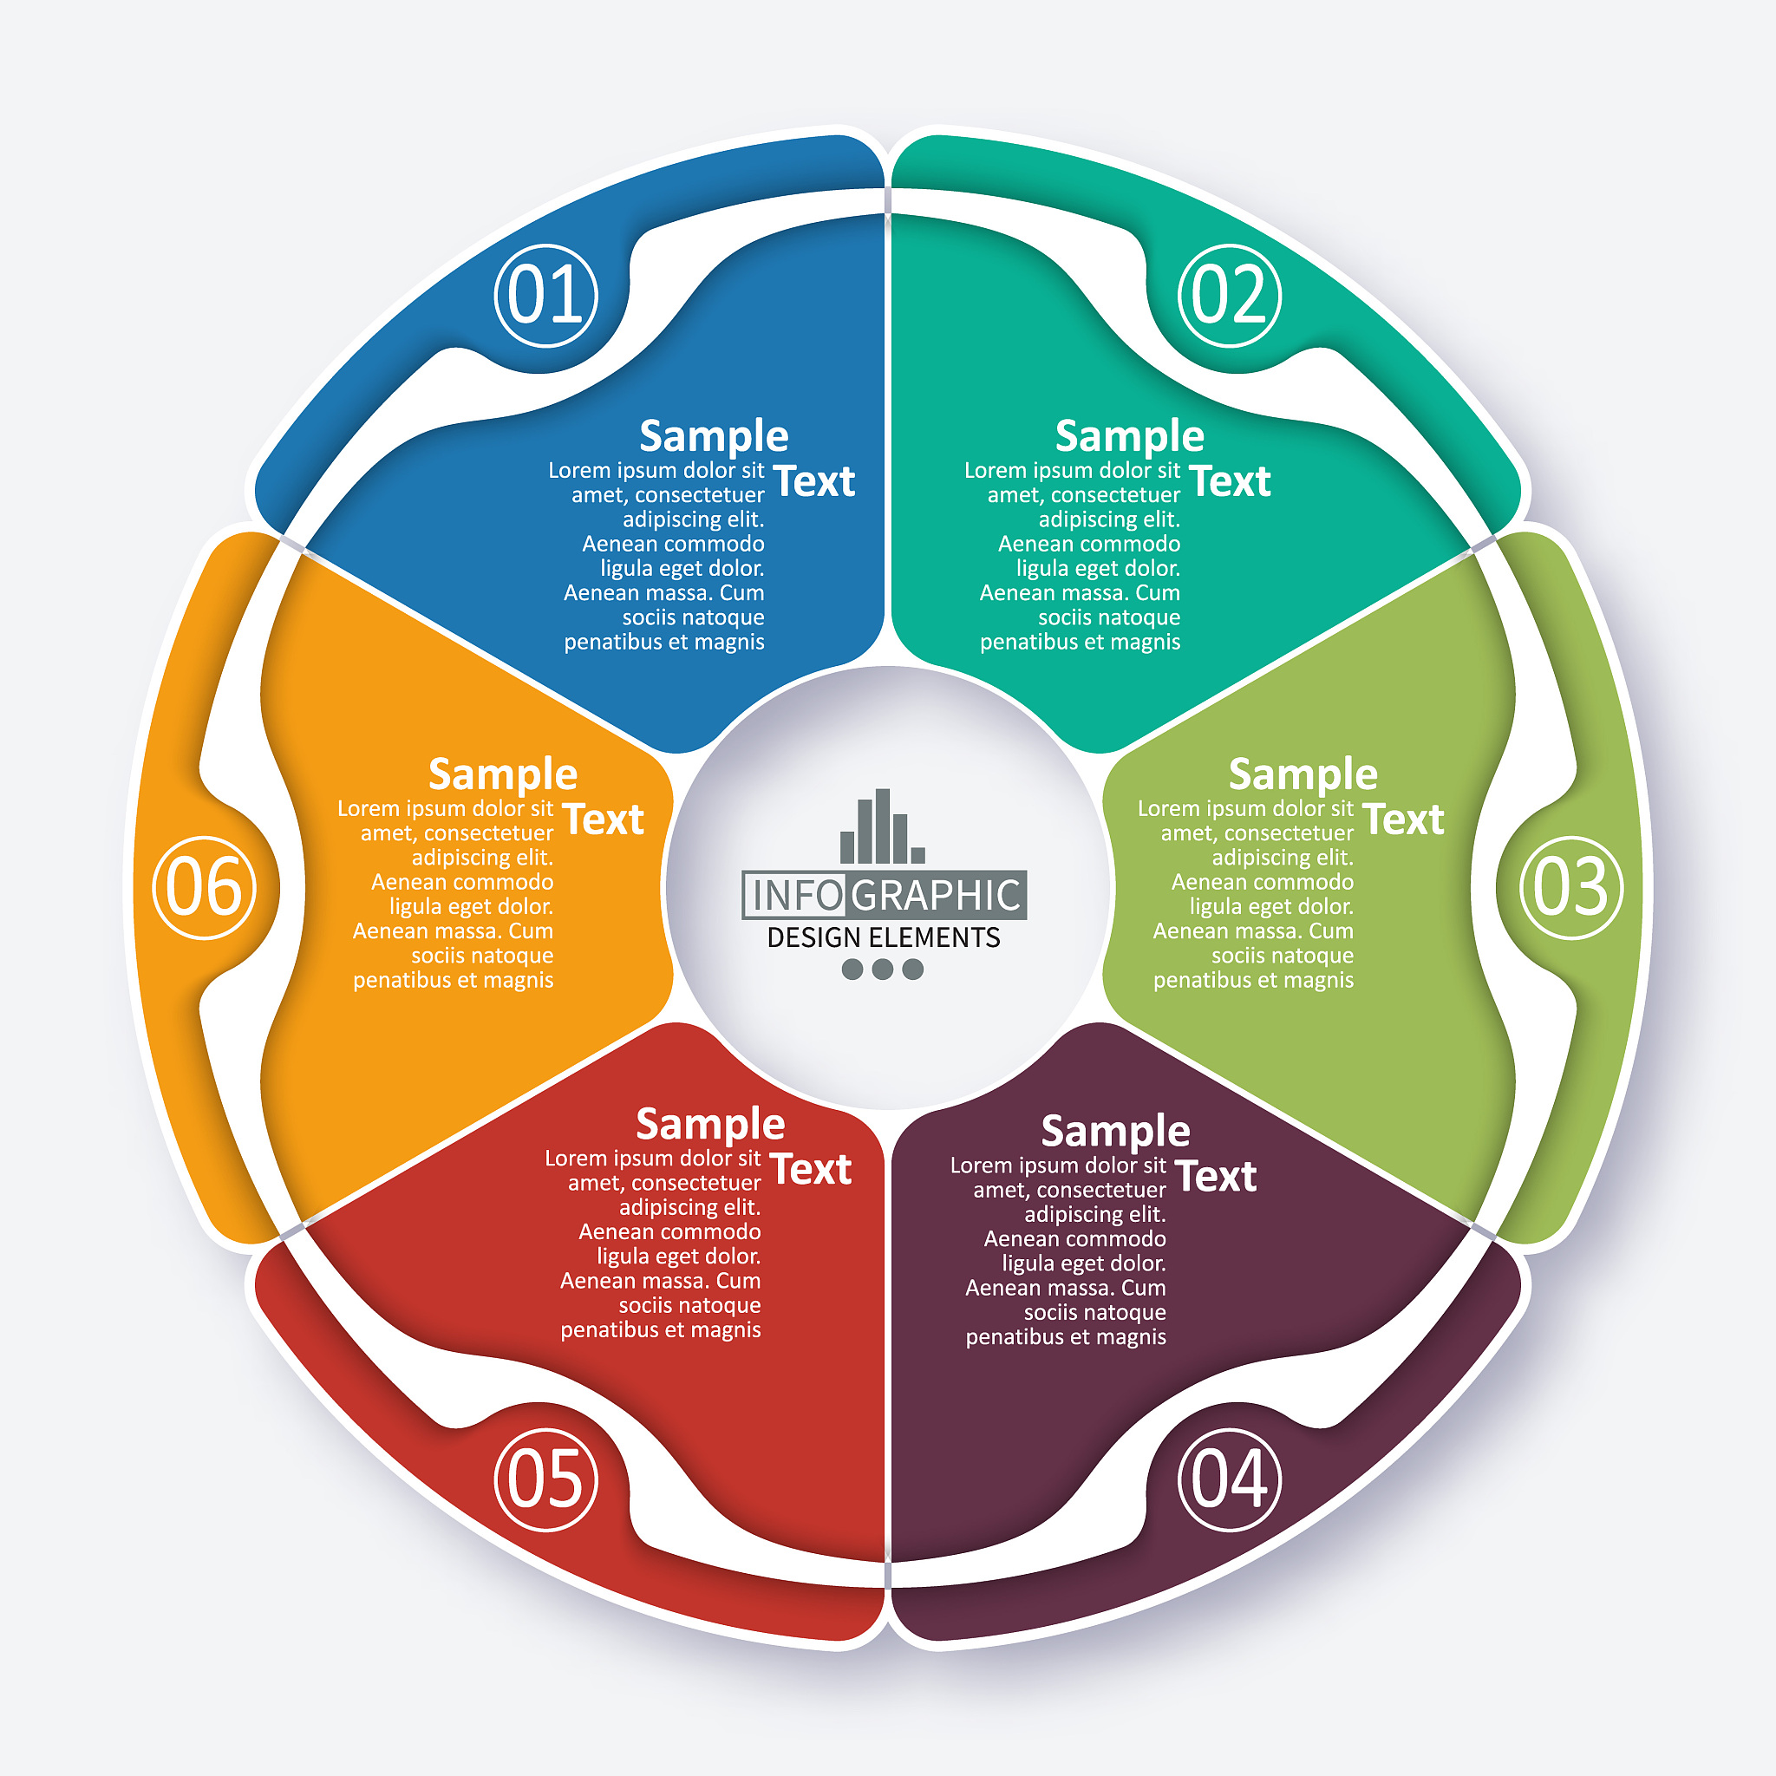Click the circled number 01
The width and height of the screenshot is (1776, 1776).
point(546,295)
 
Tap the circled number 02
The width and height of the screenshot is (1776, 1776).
point(1229,295)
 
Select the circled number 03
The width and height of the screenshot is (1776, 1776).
point(1571,887)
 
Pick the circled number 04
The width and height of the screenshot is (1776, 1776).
point(1229,1479)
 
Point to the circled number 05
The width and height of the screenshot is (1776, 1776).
point(546,1479)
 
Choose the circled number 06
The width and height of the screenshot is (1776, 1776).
point(204,887)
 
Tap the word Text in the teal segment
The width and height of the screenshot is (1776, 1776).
point(1229,480)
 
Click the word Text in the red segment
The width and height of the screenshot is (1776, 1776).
point(811,1168)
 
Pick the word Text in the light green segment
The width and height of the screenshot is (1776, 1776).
point(1403,819)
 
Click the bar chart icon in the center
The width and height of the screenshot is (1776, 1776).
point(883,826)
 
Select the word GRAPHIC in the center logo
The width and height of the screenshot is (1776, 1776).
point(936,894)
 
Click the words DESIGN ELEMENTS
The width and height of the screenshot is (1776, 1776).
point(884,937)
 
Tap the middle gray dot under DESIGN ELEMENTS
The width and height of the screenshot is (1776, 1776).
point(883,969)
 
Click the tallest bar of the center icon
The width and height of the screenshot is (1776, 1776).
point(883,826)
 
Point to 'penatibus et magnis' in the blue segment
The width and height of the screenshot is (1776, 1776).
point(663,643)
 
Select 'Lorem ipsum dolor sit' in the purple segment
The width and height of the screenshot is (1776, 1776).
point(1058,1165)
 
